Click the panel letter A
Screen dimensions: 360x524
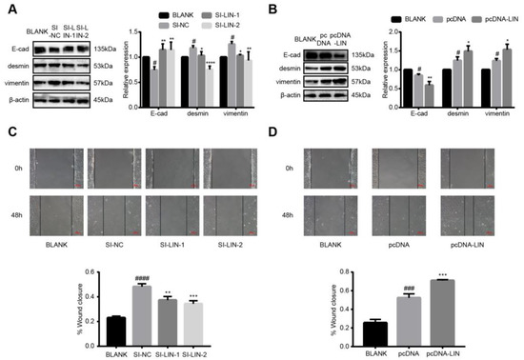tap(9, 9)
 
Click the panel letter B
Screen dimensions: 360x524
tap(270, 9)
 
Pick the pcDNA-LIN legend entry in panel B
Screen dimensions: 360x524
tap(488, 18)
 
